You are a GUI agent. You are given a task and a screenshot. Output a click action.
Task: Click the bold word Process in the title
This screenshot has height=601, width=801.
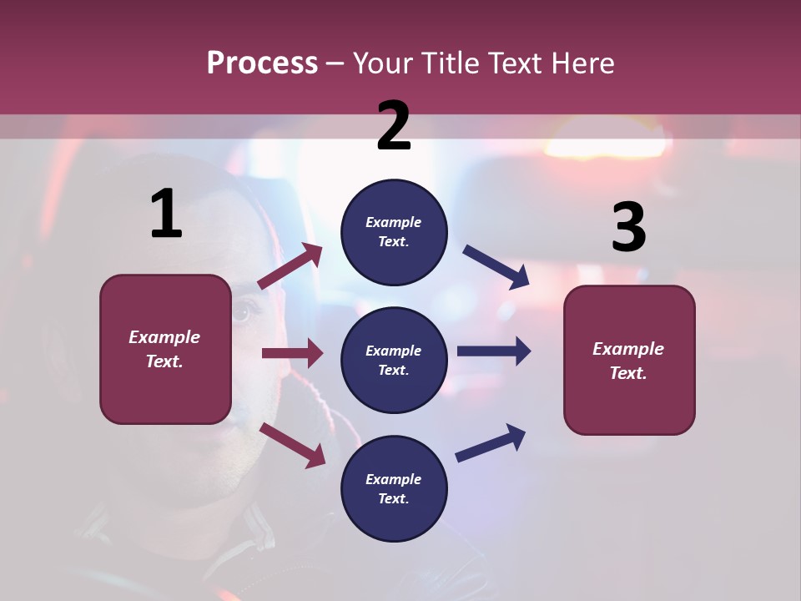click(x=262, y=63)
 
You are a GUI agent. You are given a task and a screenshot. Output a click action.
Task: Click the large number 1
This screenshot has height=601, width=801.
click(x=166, y=214)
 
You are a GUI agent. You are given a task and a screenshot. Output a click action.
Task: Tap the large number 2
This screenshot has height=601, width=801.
click(x=394, y=125)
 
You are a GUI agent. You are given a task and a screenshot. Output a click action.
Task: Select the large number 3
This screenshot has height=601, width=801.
click(x=628, y=227)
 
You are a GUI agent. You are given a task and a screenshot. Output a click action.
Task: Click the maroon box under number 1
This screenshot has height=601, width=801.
click(x=165, y=349)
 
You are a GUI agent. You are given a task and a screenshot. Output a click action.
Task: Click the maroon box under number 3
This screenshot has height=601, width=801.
click(x=629, y=360)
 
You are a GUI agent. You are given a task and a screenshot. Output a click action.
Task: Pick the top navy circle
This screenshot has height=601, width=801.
click(x=394, y=232)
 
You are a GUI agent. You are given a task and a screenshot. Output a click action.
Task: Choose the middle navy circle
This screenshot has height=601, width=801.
click(x=394, y=360)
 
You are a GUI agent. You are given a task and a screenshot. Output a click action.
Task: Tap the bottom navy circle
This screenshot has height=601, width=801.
click(x=394, y=488)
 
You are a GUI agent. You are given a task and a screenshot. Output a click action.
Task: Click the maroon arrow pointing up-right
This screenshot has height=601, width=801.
click(x=290, y=266)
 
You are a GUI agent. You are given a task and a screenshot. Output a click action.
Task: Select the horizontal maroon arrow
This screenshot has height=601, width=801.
click(x=292, y=353)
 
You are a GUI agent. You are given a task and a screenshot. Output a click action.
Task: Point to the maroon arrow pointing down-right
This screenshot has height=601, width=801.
click(x=292, y=445)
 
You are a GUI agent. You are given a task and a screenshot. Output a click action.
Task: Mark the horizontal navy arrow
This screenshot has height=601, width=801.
click(x=493, y=351)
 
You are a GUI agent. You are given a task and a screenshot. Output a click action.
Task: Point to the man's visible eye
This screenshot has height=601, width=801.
click(x=240, y=312)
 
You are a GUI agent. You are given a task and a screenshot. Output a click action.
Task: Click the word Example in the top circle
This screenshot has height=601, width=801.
click(x=393, y=222)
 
